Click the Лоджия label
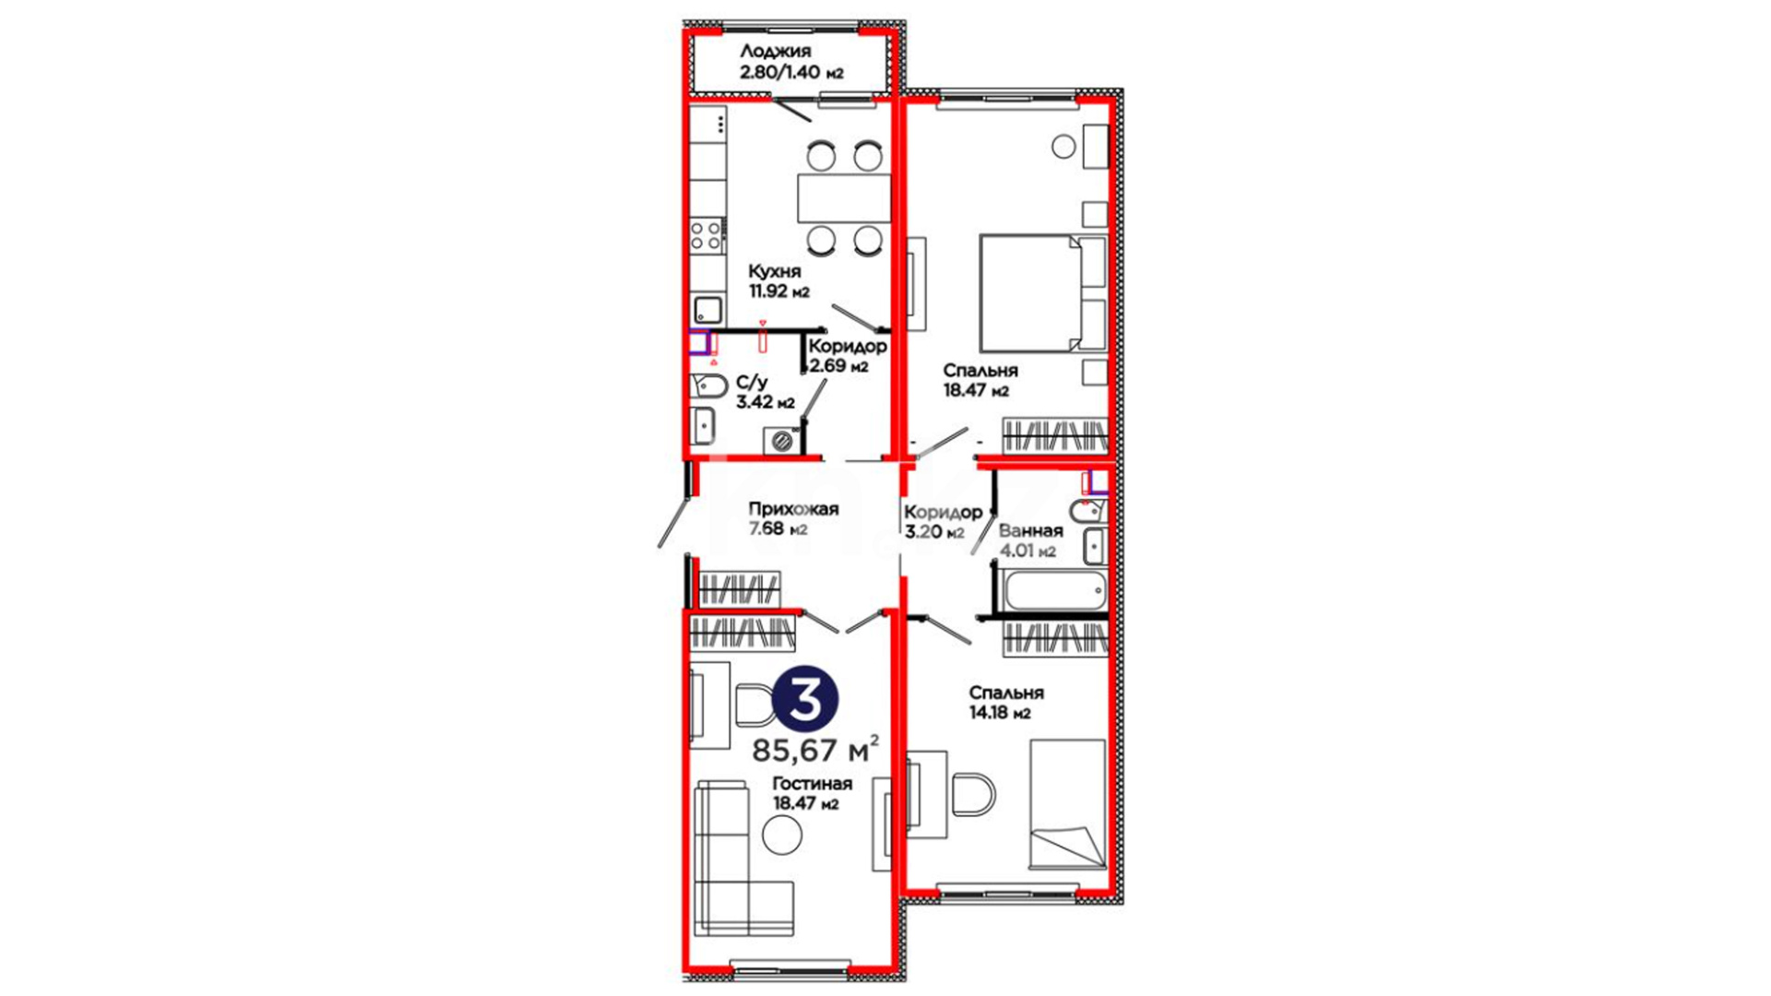pyautogui.click(x=775, y=52)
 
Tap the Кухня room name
pyautogui.click(x=774, y=272)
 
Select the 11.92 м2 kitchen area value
pyautogui.click(x=779, y=291)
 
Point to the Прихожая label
pyautogui.click(x=792, y=509)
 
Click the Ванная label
pyautogui.click(x=1030, y=531)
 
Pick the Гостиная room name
pyautogui.click(x=812, y=784)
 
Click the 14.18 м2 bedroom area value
pyautogui.click(x=1000, y=713)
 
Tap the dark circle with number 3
pyautogui.click(x=805, y=700)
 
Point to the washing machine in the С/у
pyautogui.click(x=782, y=441)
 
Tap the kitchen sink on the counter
pyautogui.click(x=707, y=309)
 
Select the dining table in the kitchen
pyautogui.click(x=844, y=197)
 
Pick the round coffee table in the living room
pyautogui.click(x=782, y=835)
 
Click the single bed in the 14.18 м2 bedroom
pyautogui.click(x=1067, y=804)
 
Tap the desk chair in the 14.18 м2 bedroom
pyautogui.click(x=973, y=794)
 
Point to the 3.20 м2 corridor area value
pyautogui.click(x=934, y=532)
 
